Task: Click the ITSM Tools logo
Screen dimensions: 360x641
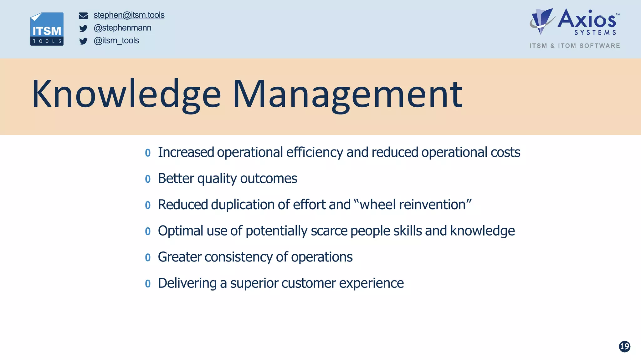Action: point(47,29)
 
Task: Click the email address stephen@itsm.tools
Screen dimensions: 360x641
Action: point(129,15)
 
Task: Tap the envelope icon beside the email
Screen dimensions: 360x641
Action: point(83,16)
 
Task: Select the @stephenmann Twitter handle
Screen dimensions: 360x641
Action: point(122,28)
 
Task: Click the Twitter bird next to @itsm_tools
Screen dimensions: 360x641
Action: point(83,41)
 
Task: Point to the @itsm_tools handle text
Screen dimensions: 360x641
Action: point(116,41)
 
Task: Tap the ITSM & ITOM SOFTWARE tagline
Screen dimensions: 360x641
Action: point(574,46)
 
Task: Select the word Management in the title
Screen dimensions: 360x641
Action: point(347,94)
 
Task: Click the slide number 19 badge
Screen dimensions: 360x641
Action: point(624,346)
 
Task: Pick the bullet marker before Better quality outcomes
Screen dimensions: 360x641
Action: point(148,179)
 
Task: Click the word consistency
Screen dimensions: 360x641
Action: point(238,257)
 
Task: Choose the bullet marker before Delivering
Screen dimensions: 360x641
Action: point(148,284)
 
